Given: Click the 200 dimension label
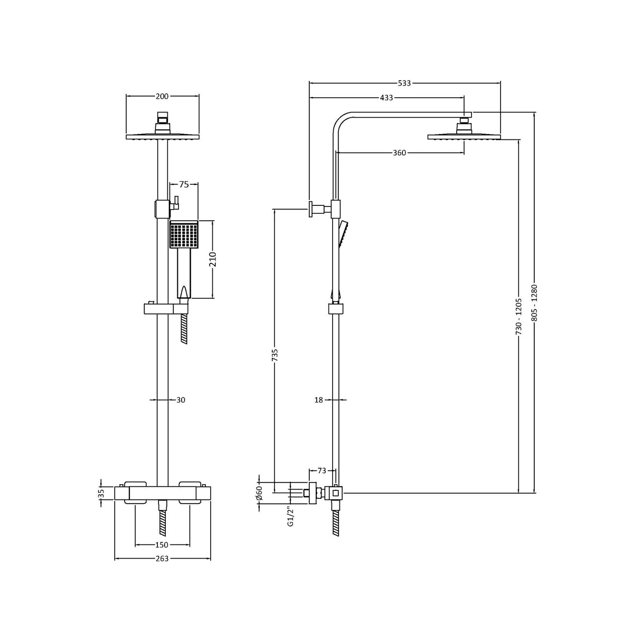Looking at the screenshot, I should tap(162, 96).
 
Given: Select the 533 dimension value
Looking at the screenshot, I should tap(404, 83).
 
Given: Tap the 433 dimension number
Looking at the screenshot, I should tap(386, 98).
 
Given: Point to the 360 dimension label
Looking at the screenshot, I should tap(399, 153).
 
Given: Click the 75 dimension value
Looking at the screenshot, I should tap(184, 184).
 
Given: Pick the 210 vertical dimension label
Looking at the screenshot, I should tap(214, 259).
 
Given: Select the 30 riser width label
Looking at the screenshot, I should tap(181, 400).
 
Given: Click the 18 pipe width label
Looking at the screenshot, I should tap(318, 400).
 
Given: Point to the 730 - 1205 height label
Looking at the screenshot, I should tap(519, 316).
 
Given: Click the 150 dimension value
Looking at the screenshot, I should tap(162, 545).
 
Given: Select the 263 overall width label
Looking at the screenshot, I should tap(162, 559).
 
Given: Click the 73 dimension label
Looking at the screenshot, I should tap(322, 470).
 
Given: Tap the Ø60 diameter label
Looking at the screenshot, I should tap(259, 493).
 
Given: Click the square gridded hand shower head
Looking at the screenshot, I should tap(184, 235).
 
